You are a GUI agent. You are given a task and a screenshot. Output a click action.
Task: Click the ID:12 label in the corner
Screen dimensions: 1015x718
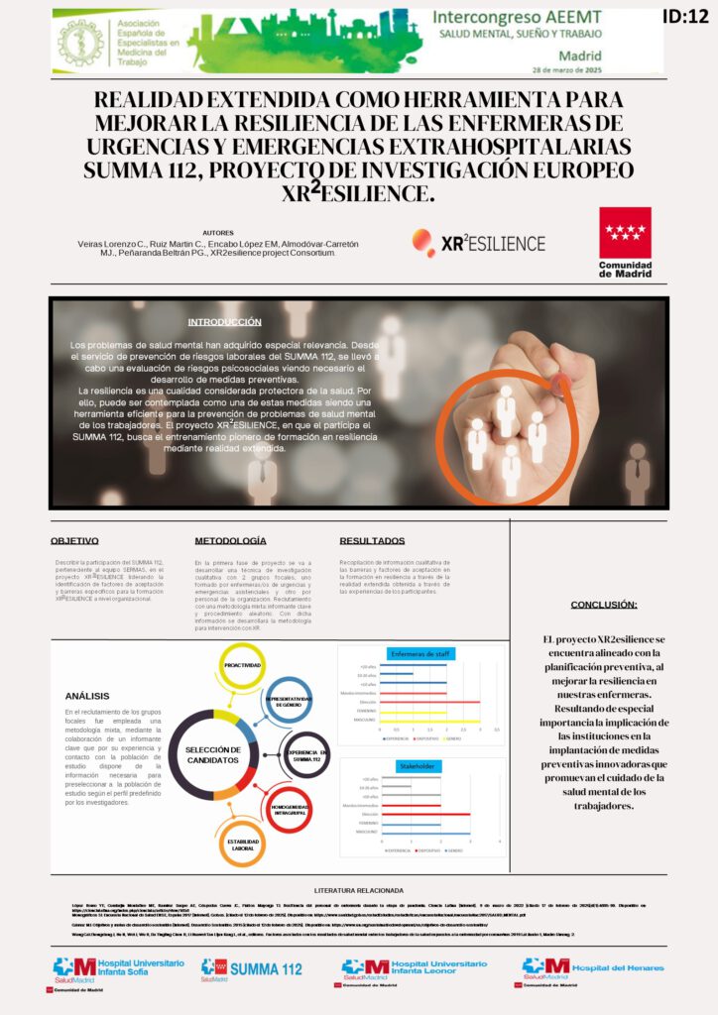pos(685,17)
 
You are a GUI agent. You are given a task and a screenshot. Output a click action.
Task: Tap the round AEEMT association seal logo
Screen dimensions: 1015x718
pos(81,42)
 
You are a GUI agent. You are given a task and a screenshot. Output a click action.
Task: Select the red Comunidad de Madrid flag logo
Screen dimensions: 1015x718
pos(625,233)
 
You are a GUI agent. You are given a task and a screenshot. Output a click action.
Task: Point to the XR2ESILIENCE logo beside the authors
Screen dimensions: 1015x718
pos(478,243)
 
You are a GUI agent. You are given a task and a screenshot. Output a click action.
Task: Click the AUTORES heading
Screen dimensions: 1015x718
pos(218,232)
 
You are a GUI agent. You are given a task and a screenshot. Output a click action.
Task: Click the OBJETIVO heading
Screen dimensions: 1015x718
pos(75,541)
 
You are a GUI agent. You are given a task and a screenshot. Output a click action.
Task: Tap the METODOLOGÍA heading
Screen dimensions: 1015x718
pos(230,541)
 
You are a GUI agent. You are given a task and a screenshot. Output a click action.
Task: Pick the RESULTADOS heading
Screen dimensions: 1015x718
pos(372,541)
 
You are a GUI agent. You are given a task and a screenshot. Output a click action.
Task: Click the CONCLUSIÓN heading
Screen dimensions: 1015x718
pos(604,605)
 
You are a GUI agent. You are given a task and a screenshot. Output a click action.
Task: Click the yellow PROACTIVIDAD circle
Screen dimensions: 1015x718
pos(242,665)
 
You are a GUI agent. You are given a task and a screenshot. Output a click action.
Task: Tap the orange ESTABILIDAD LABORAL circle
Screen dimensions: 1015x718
pos(242,846)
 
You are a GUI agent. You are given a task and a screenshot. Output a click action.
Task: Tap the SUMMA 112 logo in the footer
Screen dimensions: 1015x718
pos(252,968)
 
